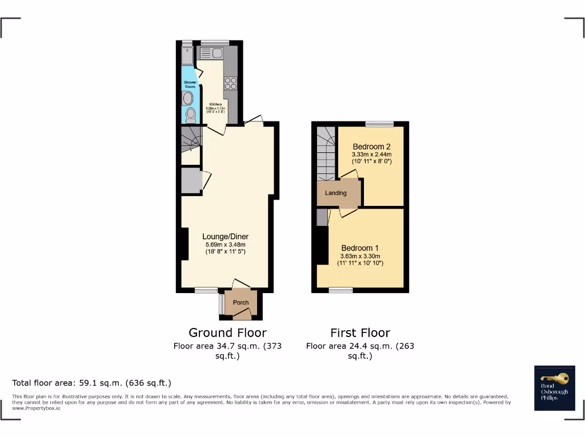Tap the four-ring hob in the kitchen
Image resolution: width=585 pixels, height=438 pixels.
(x=231, y=83)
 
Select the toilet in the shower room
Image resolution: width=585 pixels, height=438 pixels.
(x=191, y=116)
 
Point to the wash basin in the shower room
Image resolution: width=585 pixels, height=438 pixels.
(x=189, y=98)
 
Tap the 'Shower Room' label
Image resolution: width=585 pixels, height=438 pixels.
(x=190, y=84)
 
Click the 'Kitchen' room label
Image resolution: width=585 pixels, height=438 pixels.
(x=215, y=104)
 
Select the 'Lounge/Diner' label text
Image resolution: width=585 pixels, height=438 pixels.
(x=226, y=237)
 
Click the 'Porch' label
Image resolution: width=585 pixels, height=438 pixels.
(x=241, y=303)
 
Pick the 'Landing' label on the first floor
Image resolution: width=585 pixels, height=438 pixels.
(x=336, y=193)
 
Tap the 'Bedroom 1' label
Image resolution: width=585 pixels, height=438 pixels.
(x=360, y=248)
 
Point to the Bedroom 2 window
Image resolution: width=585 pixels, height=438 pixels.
(x=380, y=124)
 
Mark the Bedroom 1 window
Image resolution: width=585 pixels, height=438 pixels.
(x=340, y=290)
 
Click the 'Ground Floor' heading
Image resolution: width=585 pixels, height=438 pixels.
(x=227, y=332)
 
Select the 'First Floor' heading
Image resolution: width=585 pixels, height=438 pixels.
(x=360, y=332)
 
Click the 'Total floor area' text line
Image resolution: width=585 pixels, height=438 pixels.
(x=91, y=383)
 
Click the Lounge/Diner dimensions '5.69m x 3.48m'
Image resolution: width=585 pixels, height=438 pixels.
(x=226, y=245)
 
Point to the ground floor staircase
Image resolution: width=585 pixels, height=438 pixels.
(x=191, y=139)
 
